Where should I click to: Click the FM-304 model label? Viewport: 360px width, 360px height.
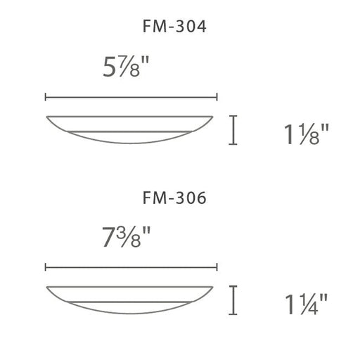coord(173,28)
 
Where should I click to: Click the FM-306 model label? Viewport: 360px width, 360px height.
coord(173,199)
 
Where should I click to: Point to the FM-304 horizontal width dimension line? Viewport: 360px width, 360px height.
coord(131,96)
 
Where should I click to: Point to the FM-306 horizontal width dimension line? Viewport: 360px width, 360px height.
coord(131,267)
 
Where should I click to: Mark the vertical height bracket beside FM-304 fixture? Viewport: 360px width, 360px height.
coord(233,130)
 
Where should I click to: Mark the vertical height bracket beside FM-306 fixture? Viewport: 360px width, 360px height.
coord(233,300)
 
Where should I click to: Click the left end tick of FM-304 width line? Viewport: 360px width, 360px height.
coord(46,96)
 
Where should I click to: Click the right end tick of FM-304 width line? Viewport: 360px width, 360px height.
coord(217,96)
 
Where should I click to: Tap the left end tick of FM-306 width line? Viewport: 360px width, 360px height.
coord(46,267)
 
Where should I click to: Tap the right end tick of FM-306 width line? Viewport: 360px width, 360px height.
coord(217,267)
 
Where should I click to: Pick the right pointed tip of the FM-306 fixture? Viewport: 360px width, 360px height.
coord(215,287)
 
